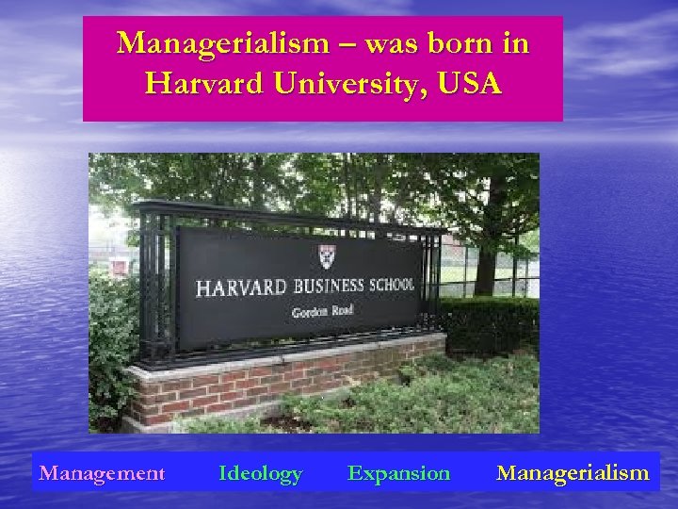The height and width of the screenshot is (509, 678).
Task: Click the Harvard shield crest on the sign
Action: coord(327,255)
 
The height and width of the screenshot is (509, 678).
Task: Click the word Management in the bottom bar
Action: coord(102,472)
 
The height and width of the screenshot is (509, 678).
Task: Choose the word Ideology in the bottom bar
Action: coord(260,472)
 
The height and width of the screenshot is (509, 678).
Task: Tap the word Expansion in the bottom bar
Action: coord(398,472)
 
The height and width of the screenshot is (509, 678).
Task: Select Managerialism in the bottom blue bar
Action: coord(573,472)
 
